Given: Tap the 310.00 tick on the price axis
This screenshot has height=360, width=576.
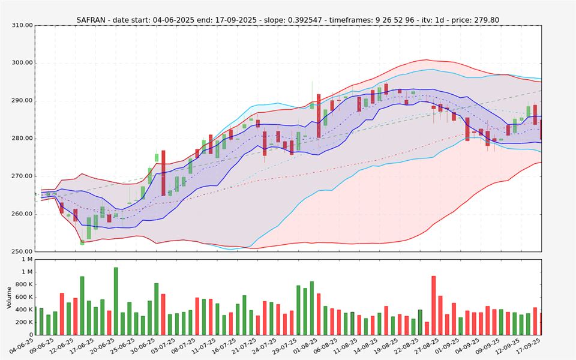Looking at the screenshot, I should pos(22,26).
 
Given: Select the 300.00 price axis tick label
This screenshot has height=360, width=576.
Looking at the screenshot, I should pos(22,63).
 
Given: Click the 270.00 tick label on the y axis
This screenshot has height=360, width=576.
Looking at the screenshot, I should pos(22,176).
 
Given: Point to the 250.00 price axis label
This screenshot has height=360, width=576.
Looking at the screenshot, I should pos(22,251).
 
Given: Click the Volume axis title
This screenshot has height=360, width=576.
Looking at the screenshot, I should pos(9,297).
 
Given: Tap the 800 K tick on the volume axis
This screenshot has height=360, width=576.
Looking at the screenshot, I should pos(23,284).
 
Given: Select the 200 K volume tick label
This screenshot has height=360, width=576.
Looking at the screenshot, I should pos(23,322).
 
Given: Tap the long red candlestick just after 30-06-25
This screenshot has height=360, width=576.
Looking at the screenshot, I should pos(163,173).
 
